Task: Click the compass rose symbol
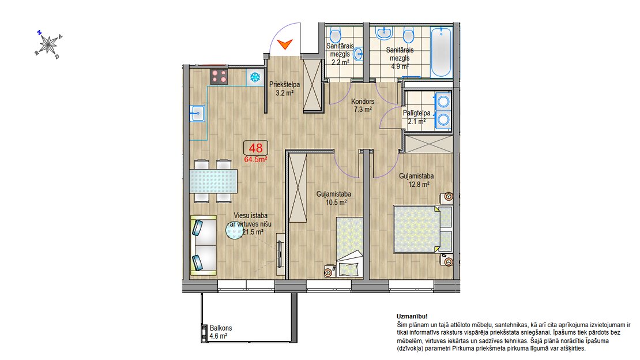click(x=48, y=44)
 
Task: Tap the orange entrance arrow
click(x=284, y=44)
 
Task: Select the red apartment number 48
click(x=255, y=148)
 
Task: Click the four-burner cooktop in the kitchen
click(x=219, y=76)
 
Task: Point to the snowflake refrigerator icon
click(x=255, y=77)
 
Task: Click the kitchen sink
click(x=197, y=113)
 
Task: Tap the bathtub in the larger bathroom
click(x=442, y=52)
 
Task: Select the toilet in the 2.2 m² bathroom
click(x=336, y=36)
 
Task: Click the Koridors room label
click(x=363, y=102)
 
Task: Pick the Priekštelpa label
click(x=284, y=85)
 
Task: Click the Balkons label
click(x=221, y=328)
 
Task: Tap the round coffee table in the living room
click(x=235, y=230)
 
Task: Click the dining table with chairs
click(x=213, y=181)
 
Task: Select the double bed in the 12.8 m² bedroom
click(x=423, y=229)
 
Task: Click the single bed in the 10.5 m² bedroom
click(x=350, y=247)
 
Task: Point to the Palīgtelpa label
click(x=416, y=113)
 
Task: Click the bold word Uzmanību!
click(x=412, y=316)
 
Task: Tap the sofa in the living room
click(x=204, y=245)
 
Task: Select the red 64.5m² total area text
click(x=255, y=159)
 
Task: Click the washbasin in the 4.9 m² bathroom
click(x=383, y=33)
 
